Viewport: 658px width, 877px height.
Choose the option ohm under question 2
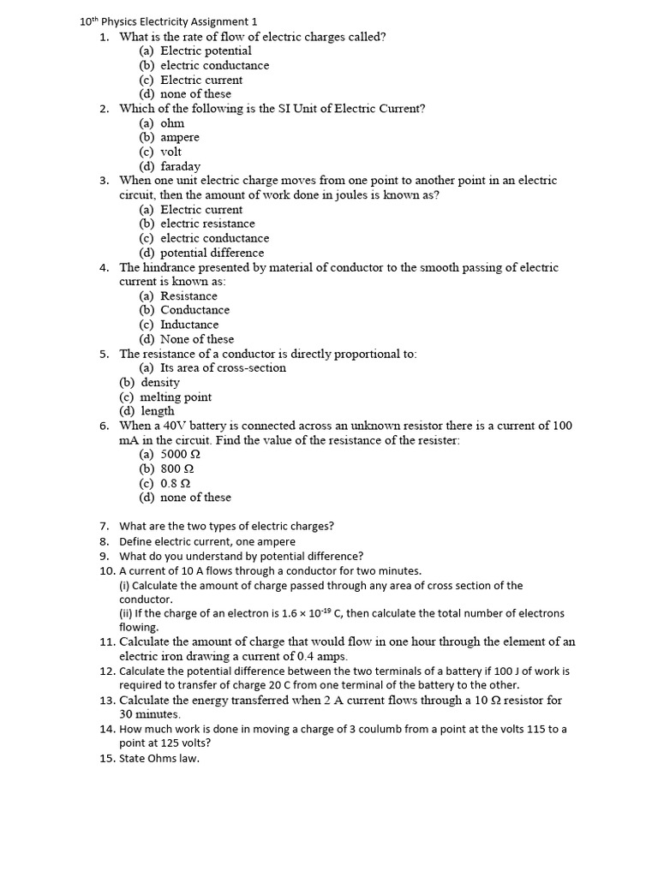172,122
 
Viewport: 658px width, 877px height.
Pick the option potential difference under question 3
212,253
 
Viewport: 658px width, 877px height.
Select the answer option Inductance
189,325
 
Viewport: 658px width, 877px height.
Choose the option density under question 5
160,382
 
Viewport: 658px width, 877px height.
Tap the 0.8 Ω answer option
175,483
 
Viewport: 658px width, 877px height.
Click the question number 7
104,526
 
